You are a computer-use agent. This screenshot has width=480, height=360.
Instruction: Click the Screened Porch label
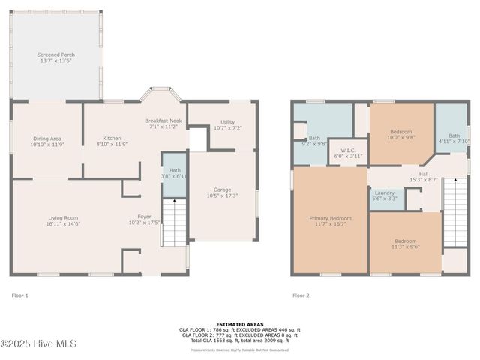pyautogui.click(x=56, y=58)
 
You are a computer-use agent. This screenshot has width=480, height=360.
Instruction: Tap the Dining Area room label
pyautogui.click(x=46, y=141)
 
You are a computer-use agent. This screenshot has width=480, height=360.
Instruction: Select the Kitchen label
pyautogui.click(x=112, y=141)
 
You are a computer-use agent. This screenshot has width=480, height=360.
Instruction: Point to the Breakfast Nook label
pyautogui.click(x=163, y=124)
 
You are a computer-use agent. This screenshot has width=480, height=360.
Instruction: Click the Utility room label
pyautogui.click(x=227, y=125)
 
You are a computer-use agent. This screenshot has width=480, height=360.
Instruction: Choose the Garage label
pyautogui.click(x=222, y=193)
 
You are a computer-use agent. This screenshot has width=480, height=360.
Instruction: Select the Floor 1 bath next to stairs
pyautogui.click(x=175, y=173)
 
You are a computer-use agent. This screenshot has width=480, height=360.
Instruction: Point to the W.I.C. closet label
pyautogui.click(x=347, y=153)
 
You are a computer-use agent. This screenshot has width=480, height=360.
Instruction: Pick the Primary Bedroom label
pyautogui.click(x=330, y=221)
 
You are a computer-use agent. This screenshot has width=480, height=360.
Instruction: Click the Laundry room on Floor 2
pyautogui.click(x=385, y=196)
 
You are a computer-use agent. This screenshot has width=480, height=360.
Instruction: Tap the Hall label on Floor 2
pyautogui.click(x=424, y=177)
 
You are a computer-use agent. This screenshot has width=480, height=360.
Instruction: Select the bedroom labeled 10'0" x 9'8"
pyautogui.click(x=400, y=135)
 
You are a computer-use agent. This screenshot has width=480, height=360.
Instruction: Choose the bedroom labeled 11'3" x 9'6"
pyautogui.click(x=406, y=244)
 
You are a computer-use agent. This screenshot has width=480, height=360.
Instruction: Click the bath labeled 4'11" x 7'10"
pyautogui.click(x=454, y=138)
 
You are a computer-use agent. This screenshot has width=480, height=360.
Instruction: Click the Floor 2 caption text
pyautogui.click(x=301, y=295)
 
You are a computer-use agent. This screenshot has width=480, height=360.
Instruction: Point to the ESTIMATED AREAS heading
pyautogui.click(x=240, y=324)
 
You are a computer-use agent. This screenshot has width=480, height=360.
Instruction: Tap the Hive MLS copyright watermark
pyautogui.click(x=38, y=344)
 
